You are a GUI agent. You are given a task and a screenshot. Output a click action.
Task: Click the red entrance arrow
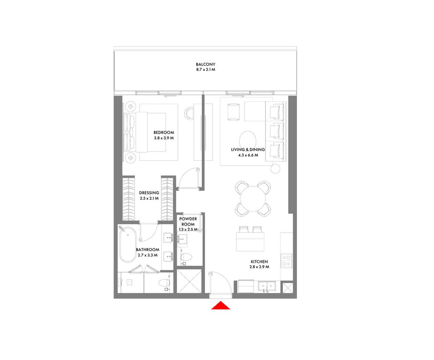click(x=221, y=306)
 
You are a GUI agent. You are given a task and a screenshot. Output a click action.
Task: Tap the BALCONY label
click(x=206, y=64)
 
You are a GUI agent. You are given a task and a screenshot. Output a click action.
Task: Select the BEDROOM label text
click(x=164, y=133)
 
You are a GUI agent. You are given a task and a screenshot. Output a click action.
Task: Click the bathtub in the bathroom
click(x=128, y=245)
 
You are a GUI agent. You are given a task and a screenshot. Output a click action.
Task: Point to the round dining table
click(x=253, y=199)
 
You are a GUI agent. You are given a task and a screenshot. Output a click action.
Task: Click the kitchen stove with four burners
click(x=286, y=261)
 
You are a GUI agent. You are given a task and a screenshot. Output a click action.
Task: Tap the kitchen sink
click(x=267, y=286)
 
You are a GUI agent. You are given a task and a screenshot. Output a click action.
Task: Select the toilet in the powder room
click(x=186, y=257)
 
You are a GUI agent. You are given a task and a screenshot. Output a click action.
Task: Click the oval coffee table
click(x=248, y=140)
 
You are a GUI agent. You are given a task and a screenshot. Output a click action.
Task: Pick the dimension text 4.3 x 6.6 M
click(x=248, y=155)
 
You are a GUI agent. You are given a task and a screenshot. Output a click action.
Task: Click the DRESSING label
click(x=149, y=193)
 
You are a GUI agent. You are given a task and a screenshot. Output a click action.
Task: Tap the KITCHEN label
click(x=259, y=262)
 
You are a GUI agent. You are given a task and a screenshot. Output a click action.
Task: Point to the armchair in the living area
click(x=234, y=112)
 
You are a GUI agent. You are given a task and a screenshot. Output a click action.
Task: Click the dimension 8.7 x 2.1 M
click(x=206, y=70)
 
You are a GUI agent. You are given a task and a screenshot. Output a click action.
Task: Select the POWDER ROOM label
click(x=188, y=221)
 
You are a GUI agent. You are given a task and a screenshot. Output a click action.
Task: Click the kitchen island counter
click(x=250, y=242)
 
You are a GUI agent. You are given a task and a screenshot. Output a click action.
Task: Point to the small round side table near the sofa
click(x=275, y=168)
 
